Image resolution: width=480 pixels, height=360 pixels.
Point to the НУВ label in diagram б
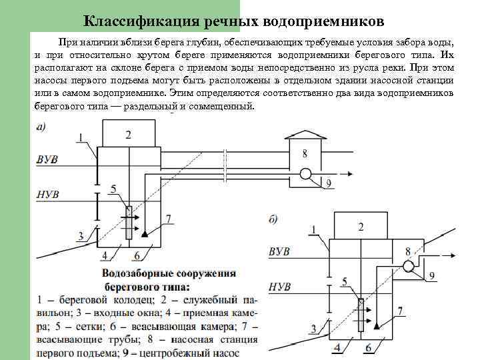pos(279,287)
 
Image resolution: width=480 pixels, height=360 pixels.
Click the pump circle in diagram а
pos(305,174)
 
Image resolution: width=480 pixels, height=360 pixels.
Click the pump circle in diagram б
pos(409,265)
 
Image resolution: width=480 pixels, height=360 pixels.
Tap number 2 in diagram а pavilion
pos(128,135)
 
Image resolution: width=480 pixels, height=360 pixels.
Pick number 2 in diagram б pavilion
pos(361,227)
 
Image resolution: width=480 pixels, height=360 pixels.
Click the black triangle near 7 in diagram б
pos(377,324)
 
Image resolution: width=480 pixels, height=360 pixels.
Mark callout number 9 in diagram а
pos(329,183)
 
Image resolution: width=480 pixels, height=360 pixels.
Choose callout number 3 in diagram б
pos(313,328)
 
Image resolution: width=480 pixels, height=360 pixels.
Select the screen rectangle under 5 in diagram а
pos(128,222)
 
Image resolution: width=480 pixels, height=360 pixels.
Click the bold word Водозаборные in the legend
pos(137,273)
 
